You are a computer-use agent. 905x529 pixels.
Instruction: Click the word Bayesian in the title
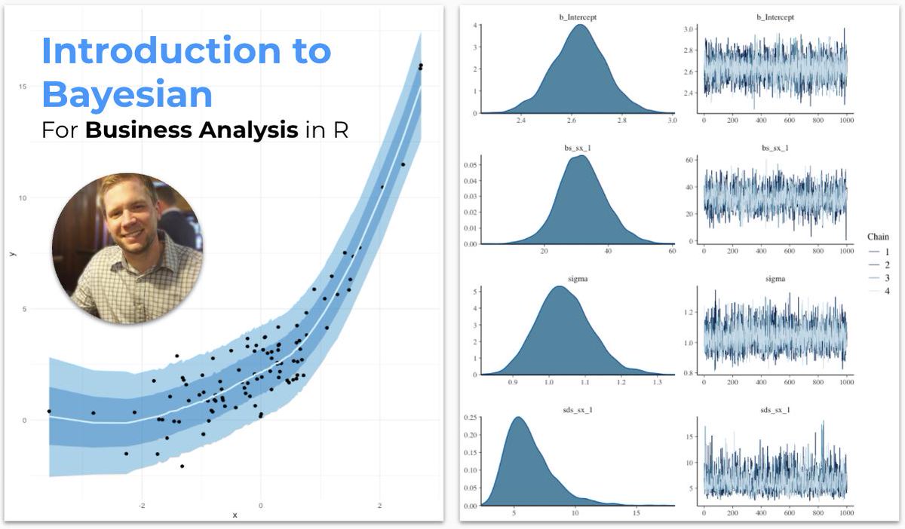[x=127, y=95]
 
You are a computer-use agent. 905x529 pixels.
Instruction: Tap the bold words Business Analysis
[x=191, y=130]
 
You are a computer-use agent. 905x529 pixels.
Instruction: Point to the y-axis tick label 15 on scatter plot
[x=23, y=87]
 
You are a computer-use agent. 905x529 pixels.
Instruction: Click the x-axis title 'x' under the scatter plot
[x=235, y=515]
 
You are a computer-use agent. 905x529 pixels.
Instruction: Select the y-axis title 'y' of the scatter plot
[x=13, y=254]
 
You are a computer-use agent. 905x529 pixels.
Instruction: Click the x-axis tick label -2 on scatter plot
[x=141, y=506]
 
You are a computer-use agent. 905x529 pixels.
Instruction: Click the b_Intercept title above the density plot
[x=578, y=17]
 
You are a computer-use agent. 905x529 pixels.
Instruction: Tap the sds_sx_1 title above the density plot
[x=578, y=410]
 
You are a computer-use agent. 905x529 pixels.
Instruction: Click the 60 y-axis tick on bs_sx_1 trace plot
[x=690, y=160]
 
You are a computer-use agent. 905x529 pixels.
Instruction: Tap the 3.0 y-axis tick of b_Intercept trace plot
[x=689, y=29]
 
